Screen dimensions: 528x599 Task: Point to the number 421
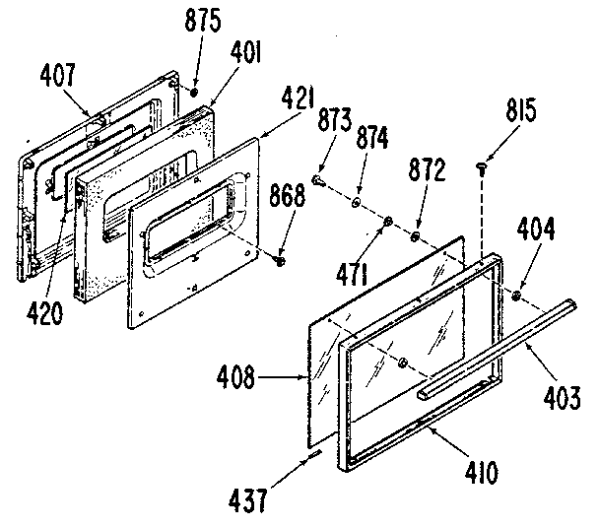click(x=298, y=98)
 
